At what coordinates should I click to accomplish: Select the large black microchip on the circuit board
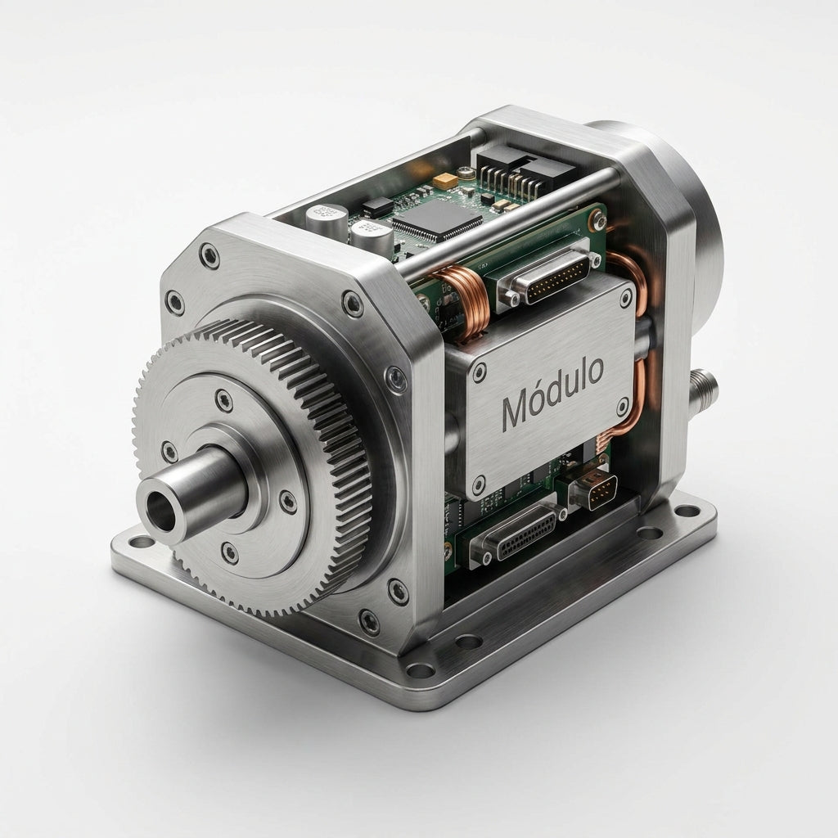coord(438,218)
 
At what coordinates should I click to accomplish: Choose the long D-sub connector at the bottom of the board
coord(517,536)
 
